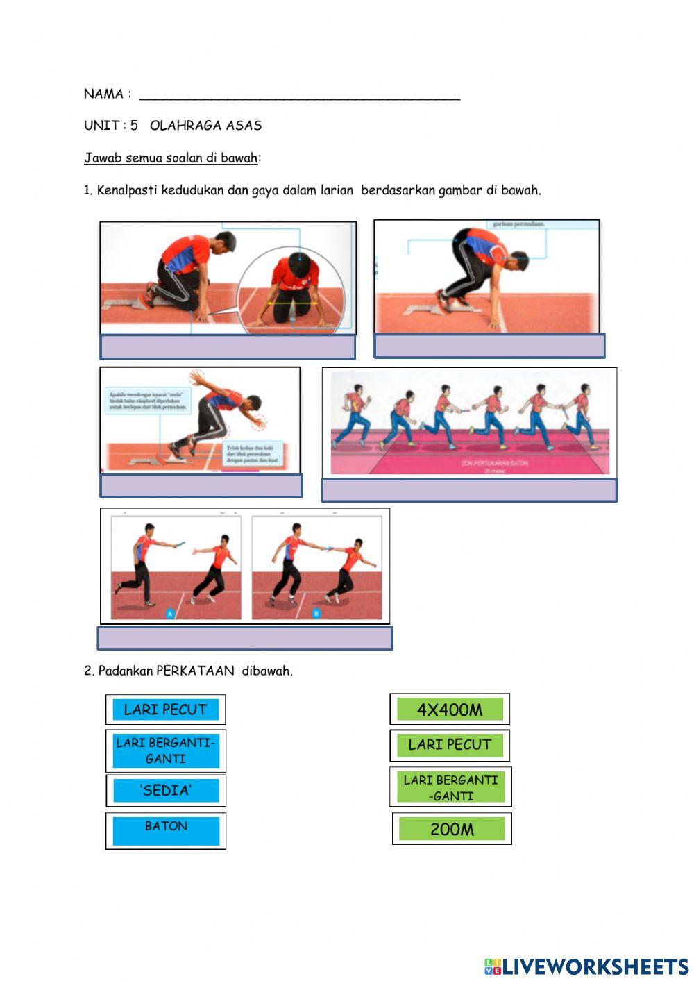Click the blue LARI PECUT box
[x=165, y=710]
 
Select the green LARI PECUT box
[x=450, y=745]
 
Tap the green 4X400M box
[x=450, y=710]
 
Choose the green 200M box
[x=452, y=829]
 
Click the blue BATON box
[x=166, y=830]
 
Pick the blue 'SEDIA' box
[x=166, y=790]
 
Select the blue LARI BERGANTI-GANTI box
[x=166, y=751]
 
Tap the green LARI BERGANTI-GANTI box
[x=451, y=787]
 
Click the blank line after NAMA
[x=299, y=94]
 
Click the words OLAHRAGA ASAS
[x=206, y=126]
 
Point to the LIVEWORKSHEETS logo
[x=586, y=966]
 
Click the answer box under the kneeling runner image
[x=228, y=347]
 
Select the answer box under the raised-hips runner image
[x=489, y=346]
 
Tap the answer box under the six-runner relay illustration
[x=469, y=490]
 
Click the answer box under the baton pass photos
[x=245, y=638]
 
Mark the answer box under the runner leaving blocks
[x=201, y=486]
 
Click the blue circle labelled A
[x=170, y=613]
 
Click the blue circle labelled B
[x=316, y=613]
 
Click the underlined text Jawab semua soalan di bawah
[x=171, y=158]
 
